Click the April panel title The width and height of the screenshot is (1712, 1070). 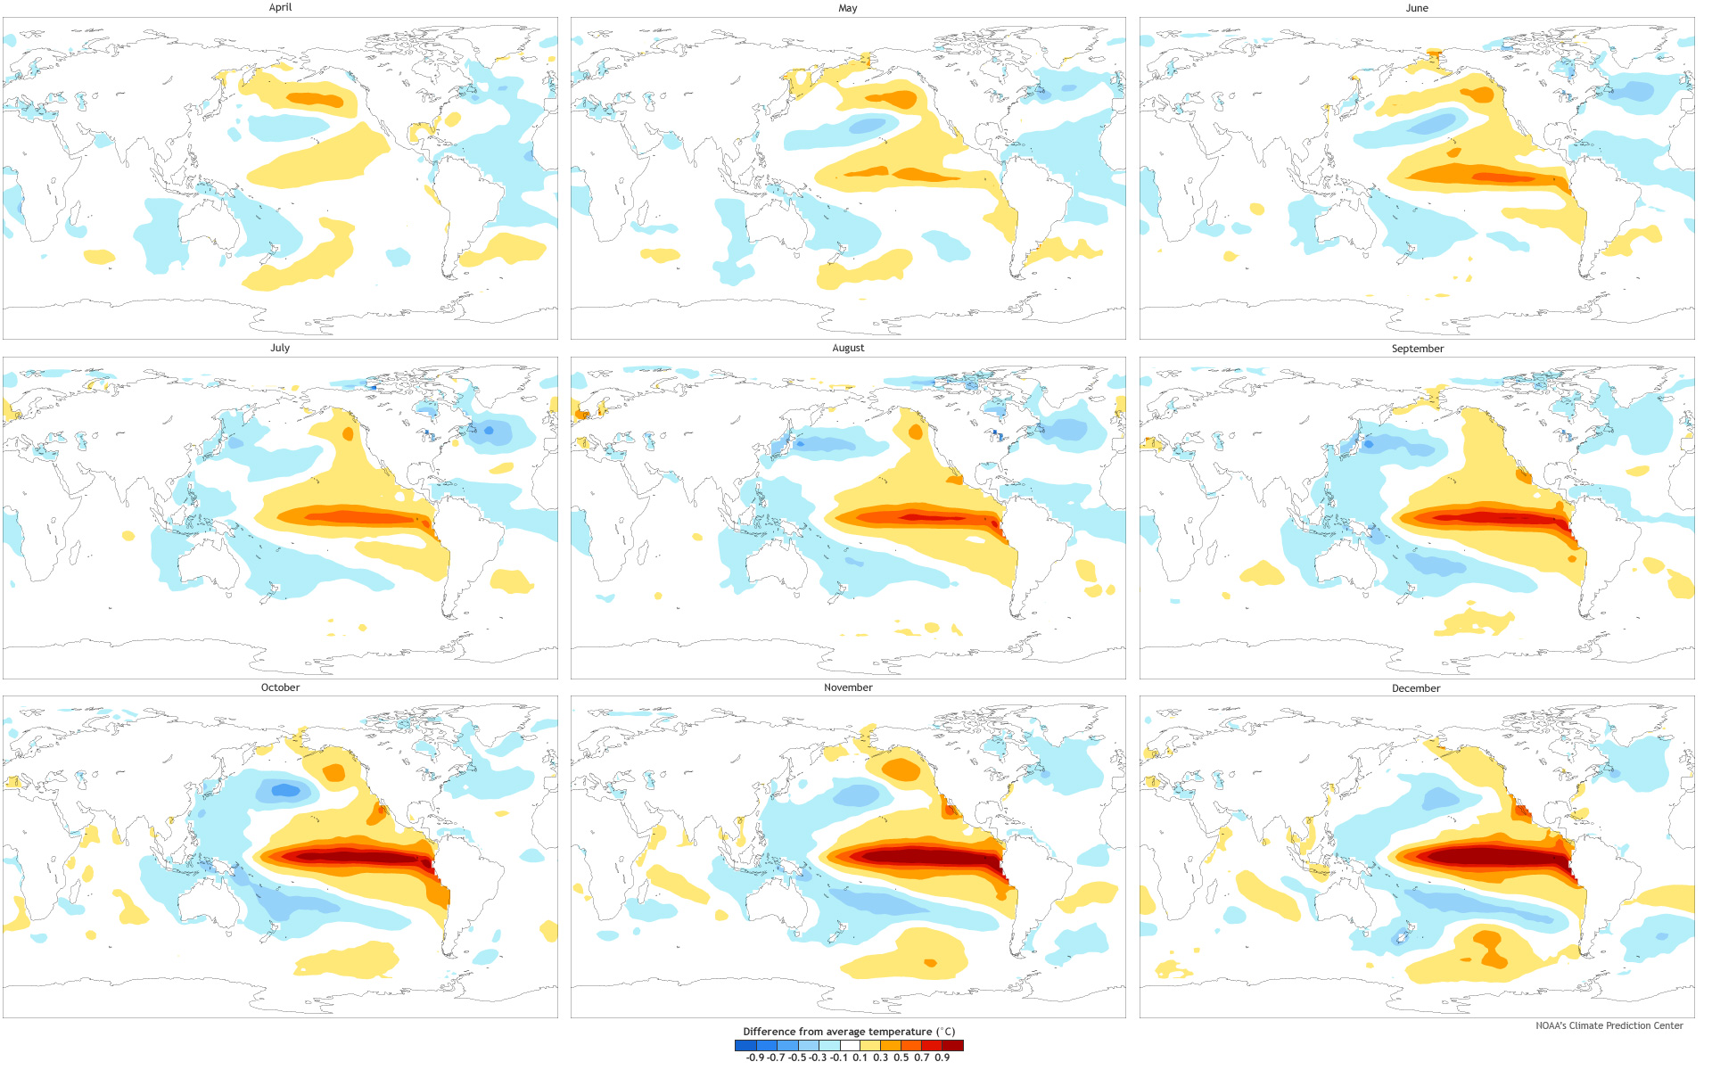click(280, 7)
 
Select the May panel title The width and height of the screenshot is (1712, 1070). click(848, 8)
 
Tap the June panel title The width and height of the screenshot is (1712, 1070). click(1417, 8)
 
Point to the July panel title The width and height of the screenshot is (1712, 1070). click(280, 348)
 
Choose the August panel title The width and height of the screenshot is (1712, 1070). click(848, 348)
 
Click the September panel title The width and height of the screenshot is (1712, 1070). click(1417, 349)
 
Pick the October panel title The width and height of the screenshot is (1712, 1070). click(280, 687)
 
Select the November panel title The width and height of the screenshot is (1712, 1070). click(848, 687)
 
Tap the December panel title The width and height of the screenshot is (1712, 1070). click(1416, 688)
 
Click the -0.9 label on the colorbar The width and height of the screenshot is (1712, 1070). click(755, 1058)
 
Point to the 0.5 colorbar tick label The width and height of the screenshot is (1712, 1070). click(901, 1058)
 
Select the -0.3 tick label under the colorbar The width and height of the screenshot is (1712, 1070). click(818, 1058)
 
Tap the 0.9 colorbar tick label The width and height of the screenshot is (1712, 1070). click(942, 1058)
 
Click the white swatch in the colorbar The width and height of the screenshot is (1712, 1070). click(850, 1045)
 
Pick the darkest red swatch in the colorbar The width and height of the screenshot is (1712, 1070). click(953, 1045)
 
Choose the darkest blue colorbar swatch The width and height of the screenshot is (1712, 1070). click(745, 1045)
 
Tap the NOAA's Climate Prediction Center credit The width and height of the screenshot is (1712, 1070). click(1609, 1025)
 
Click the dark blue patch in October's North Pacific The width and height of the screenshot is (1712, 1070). click(285, 789)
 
